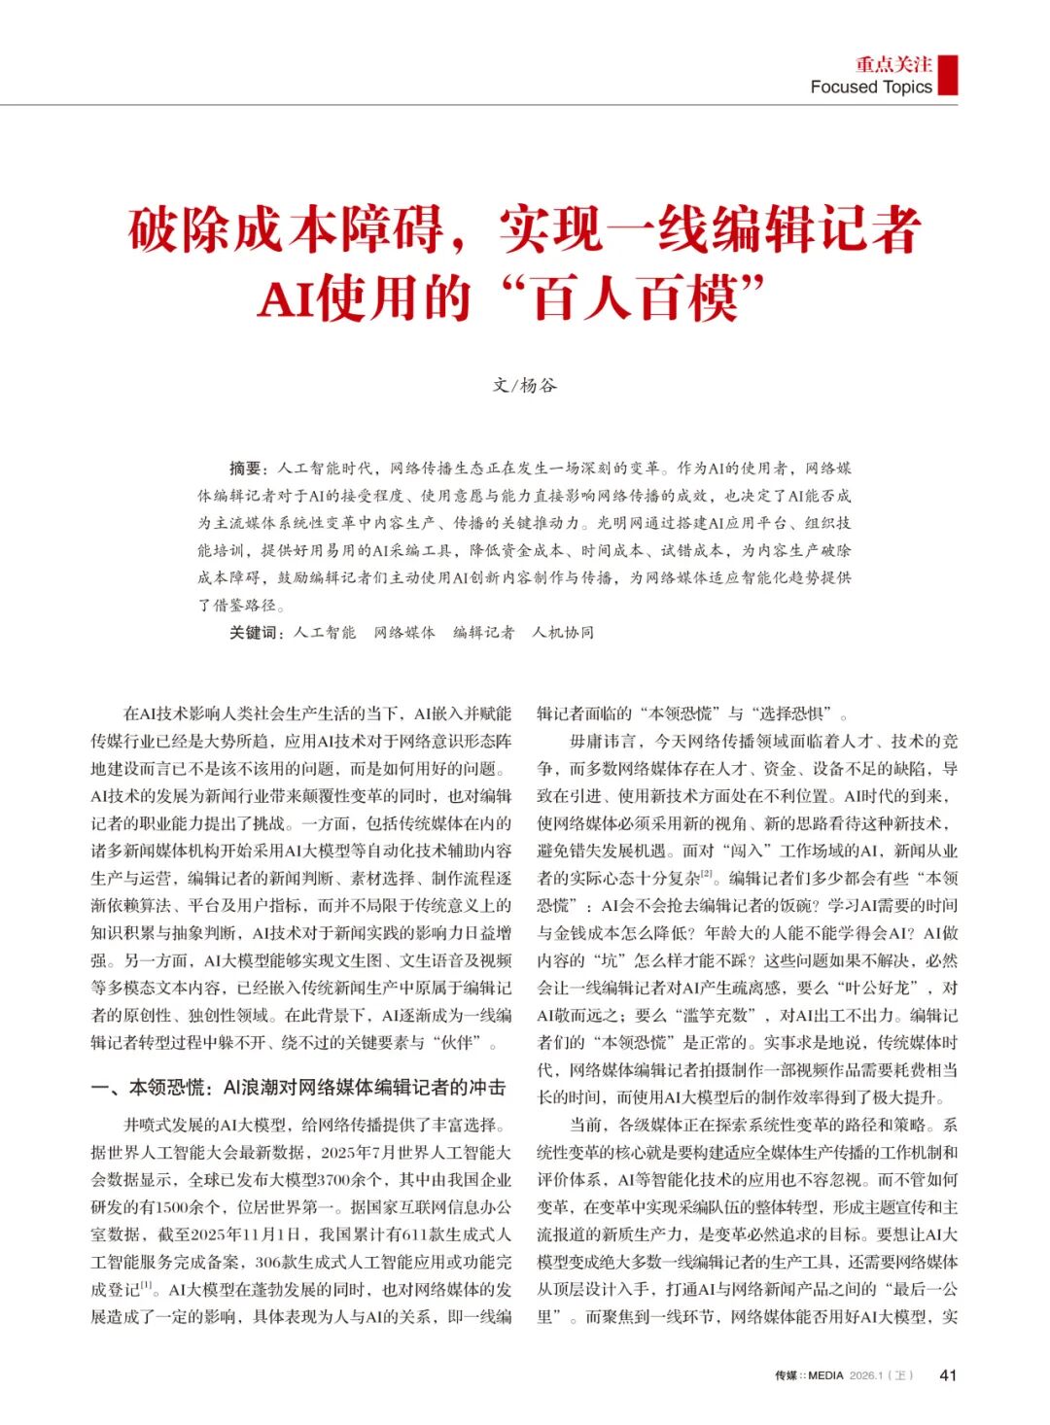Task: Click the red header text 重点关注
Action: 893,64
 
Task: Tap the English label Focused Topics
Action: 871,87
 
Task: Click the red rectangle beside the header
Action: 948,75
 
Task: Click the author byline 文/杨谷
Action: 525,385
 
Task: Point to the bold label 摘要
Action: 245,469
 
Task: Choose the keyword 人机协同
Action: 563,633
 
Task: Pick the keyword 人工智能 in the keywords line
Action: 325,633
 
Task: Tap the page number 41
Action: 948,1374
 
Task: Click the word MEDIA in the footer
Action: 826,1375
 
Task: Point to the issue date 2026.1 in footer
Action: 868,1375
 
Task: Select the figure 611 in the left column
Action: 416,1234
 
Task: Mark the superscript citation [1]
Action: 147,1285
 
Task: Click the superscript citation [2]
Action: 707,874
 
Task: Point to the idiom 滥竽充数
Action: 717,1015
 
